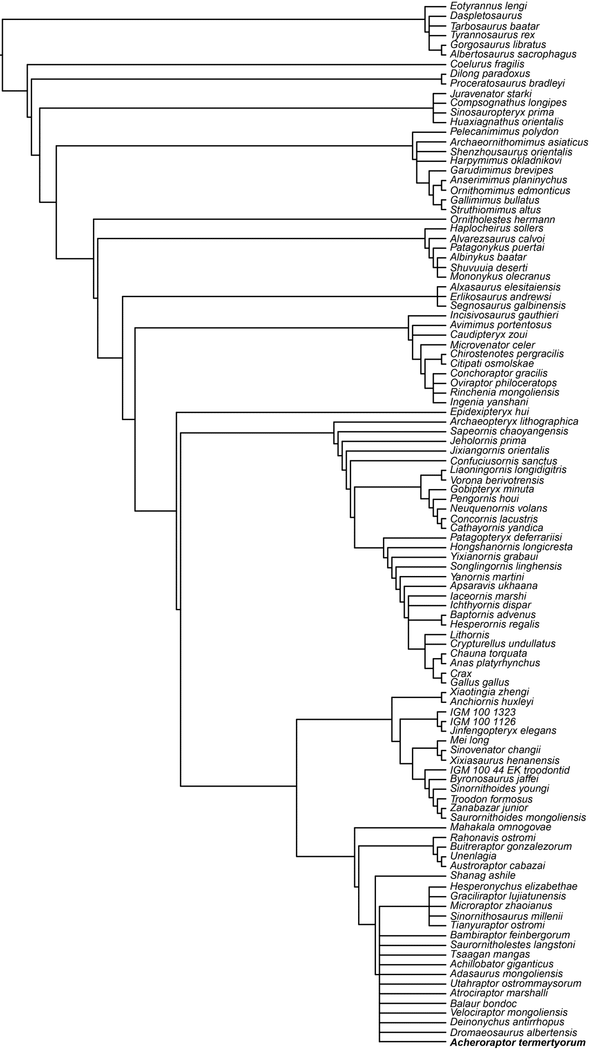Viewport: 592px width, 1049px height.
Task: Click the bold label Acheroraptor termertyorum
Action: pos(517,1043)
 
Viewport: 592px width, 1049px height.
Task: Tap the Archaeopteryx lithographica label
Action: pos(514,421)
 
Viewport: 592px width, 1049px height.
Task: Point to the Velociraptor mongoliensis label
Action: pos(509,1012)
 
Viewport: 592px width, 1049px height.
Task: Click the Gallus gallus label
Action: pos(480,682)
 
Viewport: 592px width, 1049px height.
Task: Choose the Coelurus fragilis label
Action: pos(487,64)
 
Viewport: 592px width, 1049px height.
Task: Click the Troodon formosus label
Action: pos(492,799)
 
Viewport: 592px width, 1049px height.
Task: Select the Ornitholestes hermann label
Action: pos(502,220)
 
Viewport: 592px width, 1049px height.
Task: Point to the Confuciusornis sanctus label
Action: pos(503,461)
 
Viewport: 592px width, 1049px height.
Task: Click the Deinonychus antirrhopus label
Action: pos(507,1022)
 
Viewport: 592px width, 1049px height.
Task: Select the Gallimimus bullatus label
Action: pos(495,200)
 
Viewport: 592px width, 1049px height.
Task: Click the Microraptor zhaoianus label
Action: pos(501,905)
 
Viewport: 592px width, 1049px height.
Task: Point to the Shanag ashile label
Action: pos(483,875)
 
